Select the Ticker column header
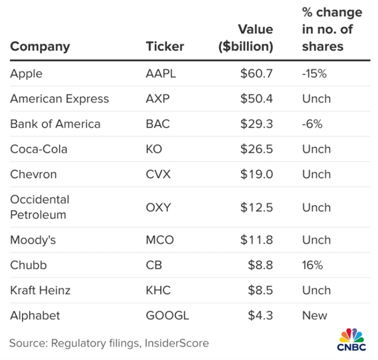click(x=165, y=46)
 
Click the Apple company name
click(x=26, y=74)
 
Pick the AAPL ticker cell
click(x=161, y=74)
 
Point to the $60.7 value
click(x=256, y=74)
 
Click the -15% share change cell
click(x=314, y=74)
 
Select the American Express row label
click(x=60, y=99)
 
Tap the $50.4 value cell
click(x=256, y=99)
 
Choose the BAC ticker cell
click(x=157, y=124)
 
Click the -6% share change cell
click(x=311, y=124)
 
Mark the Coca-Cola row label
click(x=39, y=149)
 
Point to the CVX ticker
click(x=157, y=174)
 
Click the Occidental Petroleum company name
click(x=40, y=207)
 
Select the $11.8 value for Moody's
click(x=256, y=240)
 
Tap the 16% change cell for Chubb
click(x=312, y=265)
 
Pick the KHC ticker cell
click(x=158, y=290)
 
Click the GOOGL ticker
click(x=167, y=315)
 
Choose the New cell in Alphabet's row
click(x=314, y=315)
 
